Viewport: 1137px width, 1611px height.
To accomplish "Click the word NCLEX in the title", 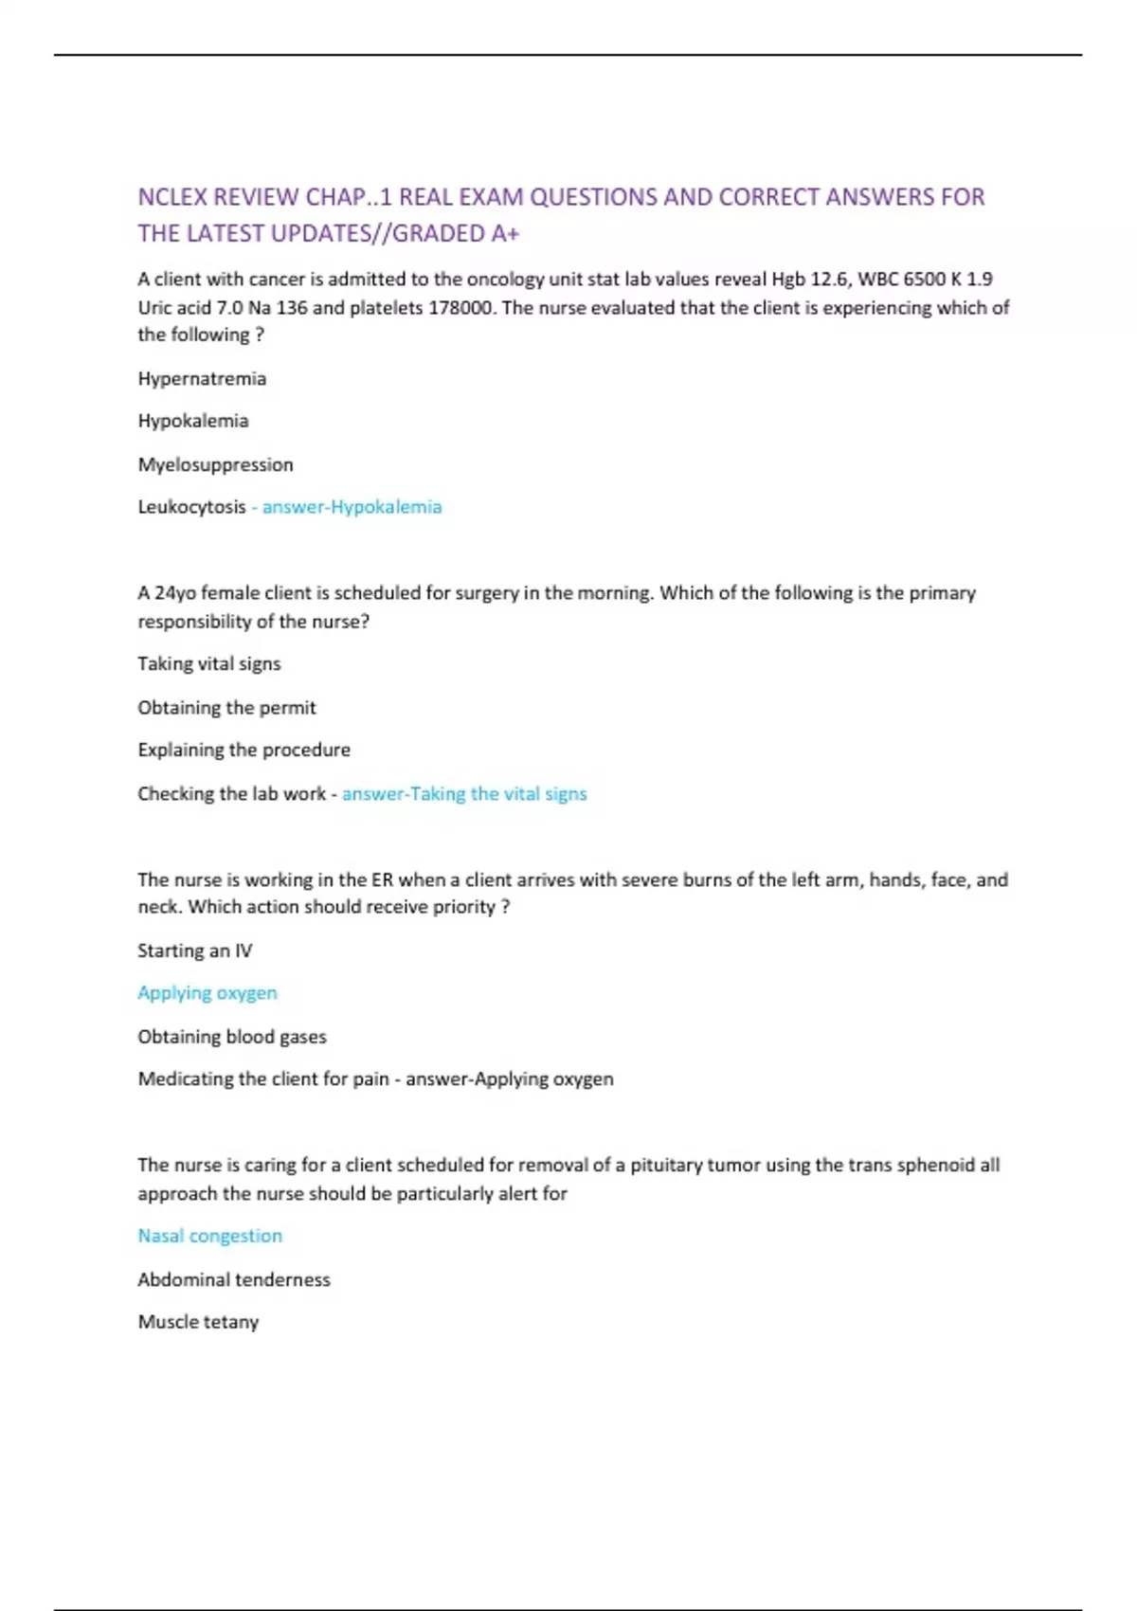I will [171, 197].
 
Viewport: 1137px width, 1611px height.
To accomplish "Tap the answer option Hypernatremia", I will [202, 379].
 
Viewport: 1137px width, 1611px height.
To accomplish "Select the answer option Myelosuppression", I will [215, 464].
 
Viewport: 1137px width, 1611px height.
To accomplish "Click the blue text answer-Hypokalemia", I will [352, 507].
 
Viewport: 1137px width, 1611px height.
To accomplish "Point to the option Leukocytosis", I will [191, 507].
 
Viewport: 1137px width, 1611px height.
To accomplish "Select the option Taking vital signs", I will [208, 663].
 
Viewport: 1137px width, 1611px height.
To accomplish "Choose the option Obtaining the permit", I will [226, 707].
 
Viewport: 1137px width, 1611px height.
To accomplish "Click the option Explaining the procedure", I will [244, 750].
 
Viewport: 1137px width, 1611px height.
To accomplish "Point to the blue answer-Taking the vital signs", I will [464, 793].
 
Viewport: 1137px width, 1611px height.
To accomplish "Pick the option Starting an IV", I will [194, 950].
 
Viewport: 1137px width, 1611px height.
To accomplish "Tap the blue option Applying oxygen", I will [207, 993].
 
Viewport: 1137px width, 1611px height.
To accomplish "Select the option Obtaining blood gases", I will [231, 1037].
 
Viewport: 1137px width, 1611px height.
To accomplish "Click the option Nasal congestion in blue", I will [209, 1236].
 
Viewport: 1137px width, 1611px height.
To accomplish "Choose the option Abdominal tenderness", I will [233, 1279].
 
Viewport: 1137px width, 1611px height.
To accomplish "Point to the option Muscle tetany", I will [198, 1322].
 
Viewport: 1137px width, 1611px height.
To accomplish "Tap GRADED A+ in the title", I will [456, 233].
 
